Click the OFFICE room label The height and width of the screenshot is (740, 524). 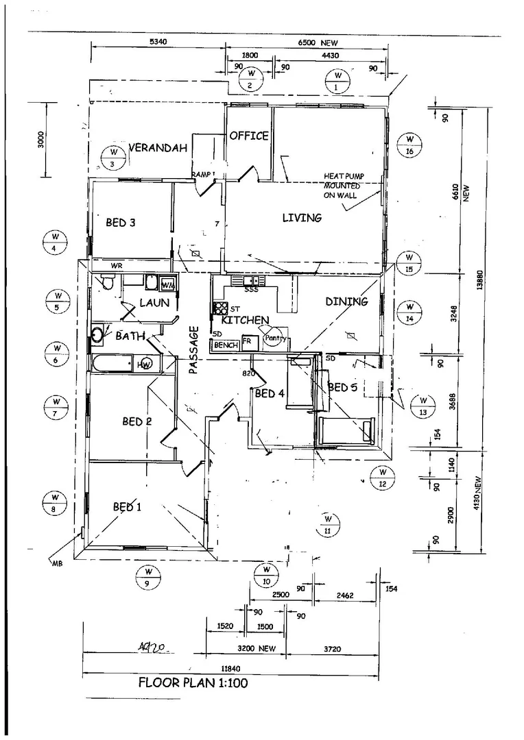pos(248,136)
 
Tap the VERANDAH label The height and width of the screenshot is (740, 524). pos(158,148)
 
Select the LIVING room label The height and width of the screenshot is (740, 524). pos(302,218)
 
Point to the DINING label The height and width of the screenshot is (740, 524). pos(346,301)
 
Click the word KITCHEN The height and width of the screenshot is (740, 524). pos(245,320)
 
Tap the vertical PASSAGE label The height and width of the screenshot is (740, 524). pos(193,350)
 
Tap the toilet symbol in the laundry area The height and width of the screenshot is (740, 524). pos(107,282)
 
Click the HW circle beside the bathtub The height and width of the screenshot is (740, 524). pos(145,365)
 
